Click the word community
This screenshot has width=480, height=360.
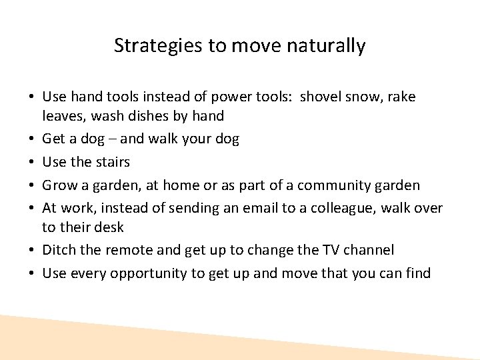343,185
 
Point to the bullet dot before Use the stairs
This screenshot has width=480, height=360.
32,163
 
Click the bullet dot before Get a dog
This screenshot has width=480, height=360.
32,139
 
